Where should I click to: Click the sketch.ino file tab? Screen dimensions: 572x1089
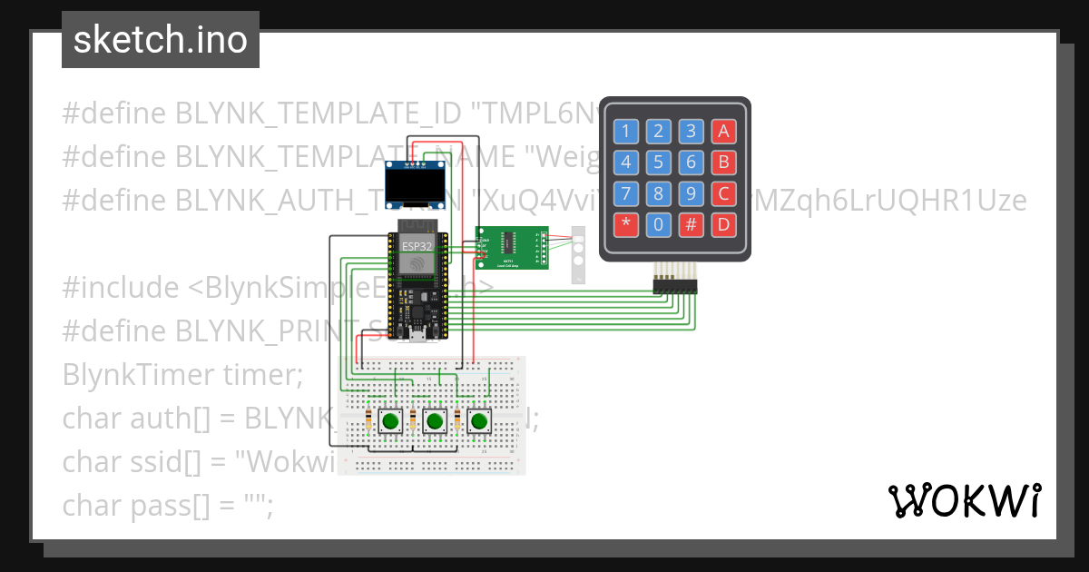coord(161,40)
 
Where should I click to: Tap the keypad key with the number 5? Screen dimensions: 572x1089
coord(658,163)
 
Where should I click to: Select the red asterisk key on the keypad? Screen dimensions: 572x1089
coord(624,224)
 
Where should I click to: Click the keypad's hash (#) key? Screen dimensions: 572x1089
coord(692,224)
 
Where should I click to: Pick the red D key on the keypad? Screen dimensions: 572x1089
coord(723,224)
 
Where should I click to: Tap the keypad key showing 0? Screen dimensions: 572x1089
coord(658,224)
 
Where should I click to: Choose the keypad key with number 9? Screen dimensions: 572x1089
coord(692,193)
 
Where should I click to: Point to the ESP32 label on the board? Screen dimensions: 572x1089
coord(417,246)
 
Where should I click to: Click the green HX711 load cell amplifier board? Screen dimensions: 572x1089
coord(512,248)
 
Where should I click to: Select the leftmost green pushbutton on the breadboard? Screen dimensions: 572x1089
coord(391,421)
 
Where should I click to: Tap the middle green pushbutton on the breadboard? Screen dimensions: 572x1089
coord(435,421)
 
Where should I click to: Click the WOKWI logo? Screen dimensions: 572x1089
coord(964,500)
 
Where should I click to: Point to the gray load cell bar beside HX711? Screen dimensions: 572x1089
coord(578,255)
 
